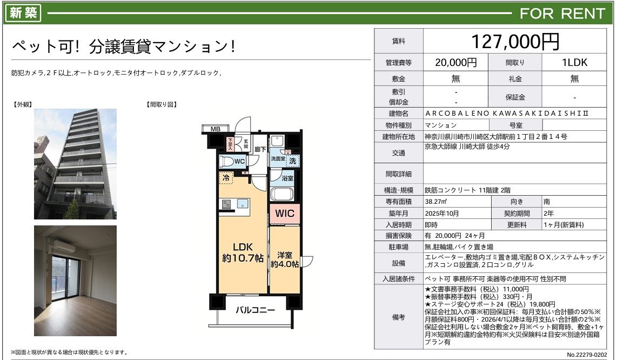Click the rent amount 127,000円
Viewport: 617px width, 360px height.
coord(515,41)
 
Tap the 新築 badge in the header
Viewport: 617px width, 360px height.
coord(24,12)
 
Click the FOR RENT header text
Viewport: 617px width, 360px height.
coord(562,14)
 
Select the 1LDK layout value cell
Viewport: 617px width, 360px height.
coord(574,62)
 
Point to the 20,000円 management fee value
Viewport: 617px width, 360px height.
coord(455,62)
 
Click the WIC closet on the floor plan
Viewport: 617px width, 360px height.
coord(285,214)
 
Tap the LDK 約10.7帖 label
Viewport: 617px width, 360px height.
coord(243,252)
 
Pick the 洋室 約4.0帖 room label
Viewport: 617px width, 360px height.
coord(284,259)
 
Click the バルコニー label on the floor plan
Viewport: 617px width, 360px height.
coord(256,310)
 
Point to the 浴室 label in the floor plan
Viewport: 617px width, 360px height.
coord(287,178)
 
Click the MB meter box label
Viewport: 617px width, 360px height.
coord(215,129)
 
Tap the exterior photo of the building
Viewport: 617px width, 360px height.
coord(75,164)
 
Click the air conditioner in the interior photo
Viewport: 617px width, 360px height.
coord(64,246)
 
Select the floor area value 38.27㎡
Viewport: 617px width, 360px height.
coord(435,201)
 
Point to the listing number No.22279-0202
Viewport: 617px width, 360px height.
coord(587,355)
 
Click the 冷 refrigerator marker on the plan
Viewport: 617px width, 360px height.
coord(226,178)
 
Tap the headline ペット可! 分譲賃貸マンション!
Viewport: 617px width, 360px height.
coord(124,46)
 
